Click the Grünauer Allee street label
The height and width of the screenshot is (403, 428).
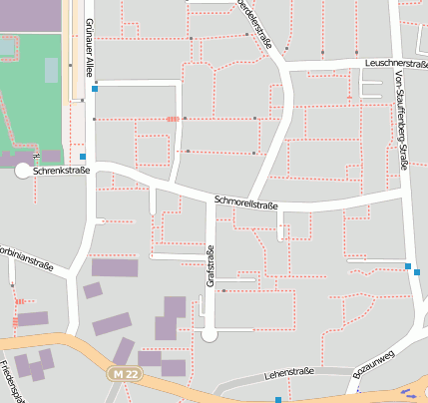[89, 43]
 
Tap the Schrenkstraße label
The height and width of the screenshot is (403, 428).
[62, 171]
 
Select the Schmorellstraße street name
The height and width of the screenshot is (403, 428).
[245, 203]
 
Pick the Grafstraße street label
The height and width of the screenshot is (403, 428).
[210, 266]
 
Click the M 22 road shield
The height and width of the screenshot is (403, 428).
[122, 373]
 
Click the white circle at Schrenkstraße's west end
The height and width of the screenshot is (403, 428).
[23, 171]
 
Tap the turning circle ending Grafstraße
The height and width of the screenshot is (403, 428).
[210, 335]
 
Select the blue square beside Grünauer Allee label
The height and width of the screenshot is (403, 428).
[95, 89]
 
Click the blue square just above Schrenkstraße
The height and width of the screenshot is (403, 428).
[82, 157]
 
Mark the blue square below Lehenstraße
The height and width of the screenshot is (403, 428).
[278, 399]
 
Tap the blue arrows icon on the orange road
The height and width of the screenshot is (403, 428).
[408, 392]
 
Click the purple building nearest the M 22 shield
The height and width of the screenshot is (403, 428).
[124, 350]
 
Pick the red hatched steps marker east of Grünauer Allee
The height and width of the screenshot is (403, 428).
[173, 119]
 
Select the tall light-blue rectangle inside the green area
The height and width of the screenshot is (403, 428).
[51, 70]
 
